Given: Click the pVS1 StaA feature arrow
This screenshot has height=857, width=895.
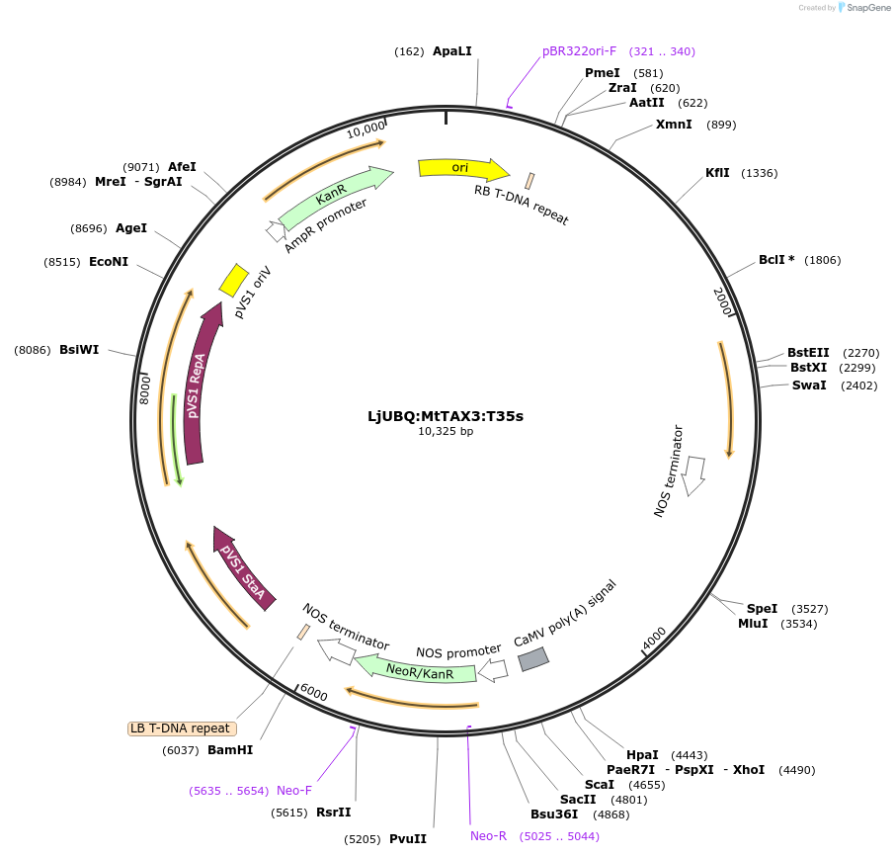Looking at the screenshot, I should coord(241,567).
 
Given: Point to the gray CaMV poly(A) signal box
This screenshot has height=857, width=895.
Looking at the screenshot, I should coord(533,658).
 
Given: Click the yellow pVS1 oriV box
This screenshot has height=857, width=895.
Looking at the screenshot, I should coord(233,280).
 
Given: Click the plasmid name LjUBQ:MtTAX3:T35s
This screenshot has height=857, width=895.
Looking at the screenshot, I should coord(446,415).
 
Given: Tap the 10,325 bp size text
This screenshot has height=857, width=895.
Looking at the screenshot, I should coord(446,432).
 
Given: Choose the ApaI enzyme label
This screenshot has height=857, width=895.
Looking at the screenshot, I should coord(452,51).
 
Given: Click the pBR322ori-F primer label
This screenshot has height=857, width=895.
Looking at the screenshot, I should coord(579,51).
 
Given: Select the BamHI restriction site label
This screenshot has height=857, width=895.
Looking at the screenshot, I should coord(230,750).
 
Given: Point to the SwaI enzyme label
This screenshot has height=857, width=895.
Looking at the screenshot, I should coord(809,386).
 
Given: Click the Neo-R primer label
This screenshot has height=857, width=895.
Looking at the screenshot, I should coord(489,836).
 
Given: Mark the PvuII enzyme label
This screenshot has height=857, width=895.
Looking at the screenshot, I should coord(408,839).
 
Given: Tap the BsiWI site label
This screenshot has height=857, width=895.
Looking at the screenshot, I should coord(79,350).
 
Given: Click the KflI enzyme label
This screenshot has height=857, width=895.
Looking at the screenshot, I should coord(717,173).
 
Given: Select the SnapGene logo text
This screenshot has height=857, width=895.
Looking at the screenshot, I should coord(866,8).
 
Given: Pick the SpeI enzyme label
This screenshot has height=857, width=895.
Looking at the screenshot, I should coord(762,609).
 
